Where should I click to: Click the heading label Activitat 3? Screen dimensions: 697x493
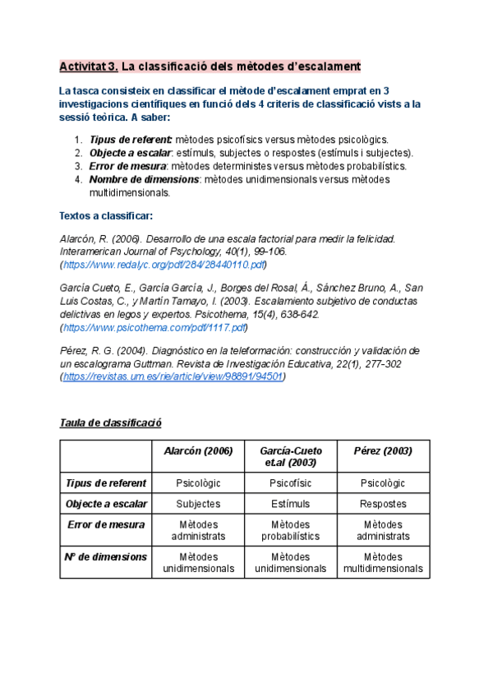90,66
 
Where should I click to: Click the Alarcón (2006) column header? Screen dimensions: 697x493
199,451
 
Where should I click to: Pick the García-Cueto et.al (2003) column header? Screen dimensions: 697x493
291,456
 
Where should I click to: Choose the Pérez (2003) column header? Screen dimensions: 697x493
383,451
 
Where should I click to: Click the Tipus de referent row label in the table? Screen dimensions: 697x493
106,482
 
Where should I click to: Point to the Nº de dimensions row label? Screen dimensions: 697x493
106,556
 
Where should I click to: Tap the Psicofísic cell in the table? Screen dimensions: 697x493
291,482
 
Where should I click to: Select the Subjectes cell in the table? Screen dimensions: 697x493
199,503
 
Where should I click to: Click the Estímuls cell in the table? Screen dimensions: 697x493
291,503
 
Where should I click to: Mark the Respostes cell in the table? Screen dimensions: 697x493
383,503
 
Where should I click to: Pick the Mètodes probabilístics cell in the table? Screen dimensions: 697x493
291,530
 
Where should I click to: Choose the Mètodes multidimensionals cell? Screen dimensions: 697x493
383,562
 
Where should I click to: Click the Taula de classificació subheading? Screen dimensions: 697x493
111,422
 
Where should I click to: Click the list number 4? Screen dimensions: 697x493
77,179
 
